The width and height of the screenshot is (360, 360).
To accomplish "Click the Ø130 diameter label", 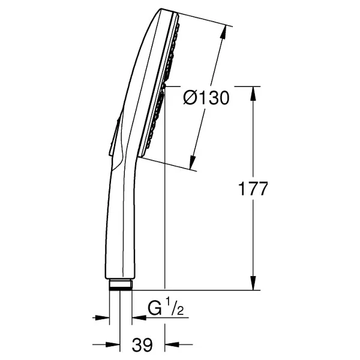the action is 206,98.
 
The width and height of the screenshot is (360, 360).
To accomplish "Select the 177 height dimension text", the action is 253,189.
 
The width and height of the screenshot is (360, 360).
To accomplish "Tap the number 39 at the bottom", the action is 142,344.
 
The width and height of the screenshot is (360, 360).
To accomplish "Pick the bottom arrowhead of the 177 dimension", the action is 253,283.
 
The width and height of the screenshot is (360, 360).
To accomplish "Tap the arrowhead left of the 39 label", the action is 113,344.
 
